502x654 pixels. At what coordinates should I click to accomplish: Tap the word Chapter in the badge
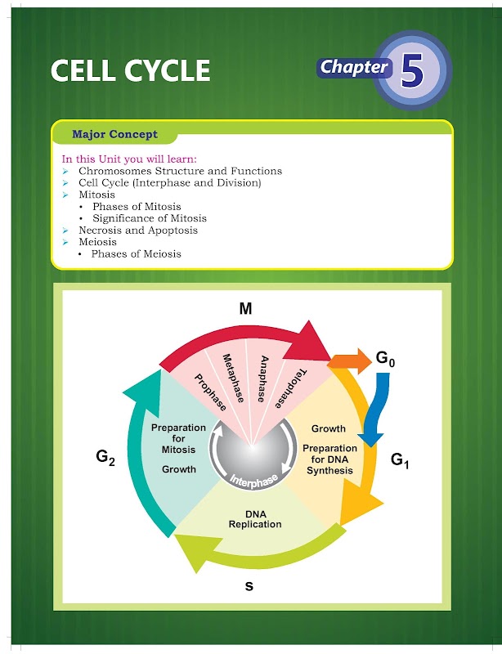(353, 67)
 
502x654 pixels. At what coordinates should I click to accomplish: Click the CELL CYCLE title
(130, 70)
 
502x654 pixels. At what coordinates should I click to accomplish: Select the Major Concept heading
(114, 134)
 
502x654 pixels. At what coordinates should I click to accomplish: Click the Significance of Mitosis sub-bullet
(149, 218)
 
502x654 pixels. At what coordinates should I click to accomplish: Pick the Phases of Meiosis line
(136, 253)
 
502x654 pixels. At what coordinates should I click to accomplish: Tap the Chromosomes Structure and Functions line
(180, 171)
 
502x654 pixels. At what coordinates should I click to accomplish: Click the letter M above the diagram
(245, 308)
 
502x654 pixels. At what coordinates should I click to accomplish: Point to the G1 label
(400, 460)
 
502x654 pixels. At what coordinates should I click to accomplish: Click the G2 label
(105, 458)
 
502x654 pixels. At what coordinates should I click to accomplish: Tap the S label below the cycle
(250, 585)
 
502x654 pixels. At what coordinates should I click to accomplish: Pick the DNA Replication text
(254, 519)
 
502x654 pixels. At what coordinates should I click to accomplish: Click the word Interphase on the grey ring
(253, 478)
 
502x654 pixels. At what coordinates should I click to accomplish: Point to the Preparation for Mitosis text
(179, 439)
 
